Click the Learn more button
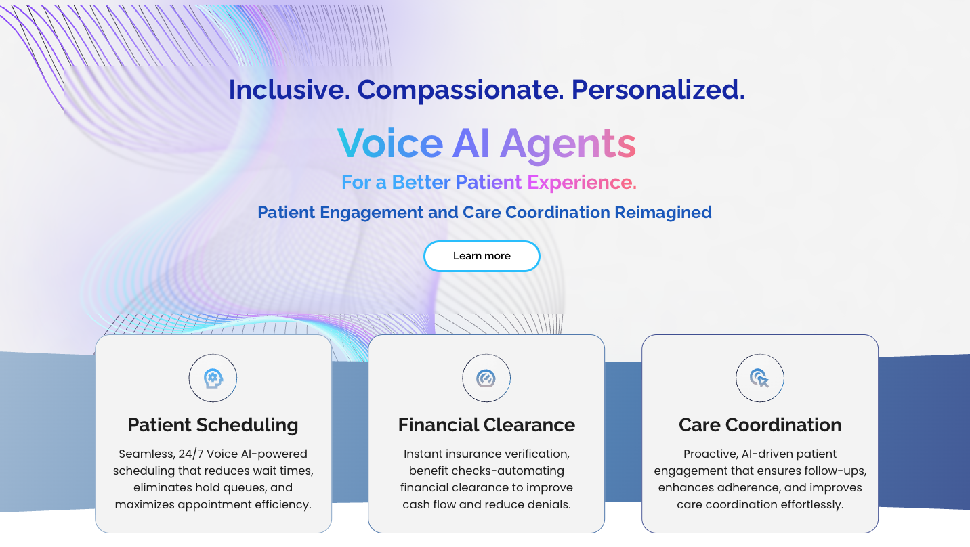[x=482, y=256]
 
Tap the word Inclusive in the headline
[x=289, y=89]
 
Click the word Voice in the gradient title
[x=390, y=144]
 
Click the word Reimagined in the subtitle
[x=663, y=213]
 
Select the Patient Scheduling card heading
[x=213, y=425]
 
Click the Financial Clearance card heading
[x=486, y=425]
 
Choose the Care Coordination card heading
[x=760, y=425]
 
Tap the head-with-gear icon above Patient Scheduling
[x=213, y=378]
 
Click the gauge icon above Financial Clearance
[x=486, y=378]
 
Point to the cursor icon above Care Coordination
[x=759, y=378]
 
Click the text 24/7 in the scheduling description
[x=190, y=454]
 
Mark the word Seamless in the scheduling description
[x=147, y=454]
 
